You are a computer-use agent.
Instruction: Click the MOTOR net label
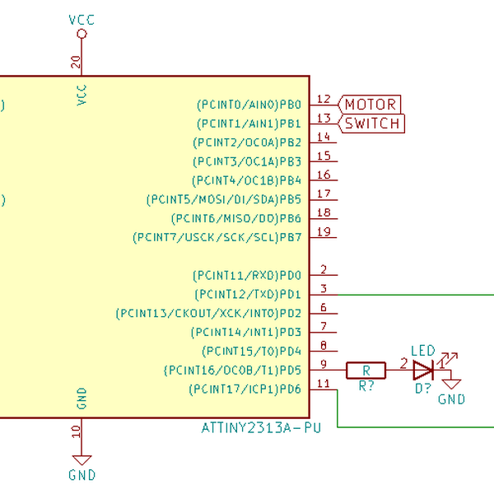370,105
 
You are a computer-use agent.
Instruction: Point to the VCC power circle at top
81,34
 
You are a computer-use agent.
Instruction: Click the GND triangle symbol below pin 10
81,460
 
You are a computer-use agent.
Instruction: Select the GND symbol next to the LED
451,383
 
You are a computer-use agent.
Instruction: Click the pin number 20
76,62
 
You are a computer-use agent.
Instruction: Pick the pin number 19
324,231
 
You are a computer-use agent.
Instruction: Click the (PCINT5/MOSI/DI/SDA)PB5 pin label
224,199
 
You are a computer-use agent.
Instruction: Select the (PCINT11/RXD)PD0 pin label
247,275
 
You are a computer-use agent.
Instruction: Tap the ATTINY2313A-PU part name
260,428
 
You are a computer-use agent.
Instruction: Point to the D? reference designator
423,387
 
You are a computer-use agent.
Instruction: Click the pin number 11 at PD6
324,383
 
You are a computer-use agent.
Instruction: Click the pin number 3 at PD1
324,288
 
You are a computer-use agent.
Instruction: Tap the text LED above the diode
422,351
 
